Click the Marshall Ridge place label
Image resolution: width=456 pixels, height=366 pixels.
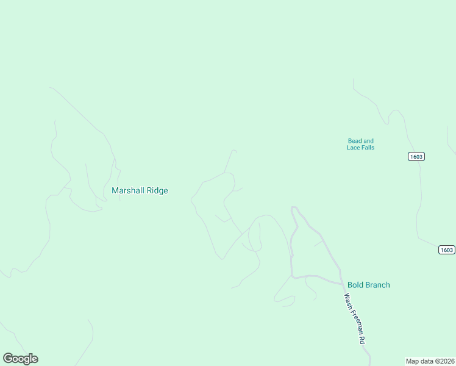coord(140,190)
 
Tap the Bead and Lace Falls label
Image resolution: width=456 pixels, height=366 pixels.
coord(360,144)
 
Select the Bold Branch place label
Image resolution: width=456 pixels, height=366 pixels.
coord(368,285)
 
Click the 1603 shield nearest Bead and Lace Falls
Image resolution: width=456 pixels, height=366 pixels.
coord(416,157)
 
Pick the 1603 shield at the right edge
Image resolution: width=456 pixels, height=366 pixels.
coord(446,249)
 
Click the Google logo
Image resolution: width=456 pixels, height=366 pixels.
coord(20,359)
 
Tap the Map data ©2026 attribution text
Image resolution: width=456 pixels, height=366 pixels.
coord(429,361)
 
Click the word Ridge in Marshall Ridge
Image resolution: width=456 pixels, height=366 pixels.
coord(156,190)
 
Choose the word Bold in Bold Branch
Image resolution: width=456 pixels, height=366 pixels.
coord(355,285)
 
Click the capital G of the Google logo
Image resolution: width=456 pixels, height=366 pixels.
coord(8,359)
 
